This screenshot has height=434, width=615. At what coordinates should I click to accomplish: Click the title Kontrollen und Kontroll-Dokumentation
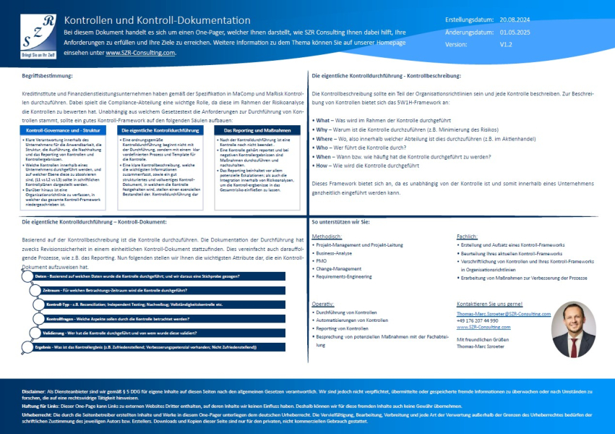pyautogui.click(x=157, y=20)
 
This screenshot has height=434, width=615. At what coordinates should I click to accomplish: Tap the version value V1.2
pyautogui.click(x=507, y=43)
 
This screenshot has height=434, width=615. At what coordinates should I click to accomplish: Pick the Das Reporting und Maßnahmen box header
pyautogui.click(x=257, y=130)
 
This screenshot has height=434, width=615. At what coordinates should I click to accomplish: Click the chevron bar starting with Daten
pyautogui.click(x=152, y=277)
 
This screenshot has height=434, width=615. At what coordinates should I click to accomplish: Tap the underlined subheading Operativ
pyautogui.click(x=322, y=305)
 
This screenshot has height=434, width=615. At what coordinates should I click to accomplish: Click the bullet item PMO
pyautogui.click(x=322, y=260)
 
